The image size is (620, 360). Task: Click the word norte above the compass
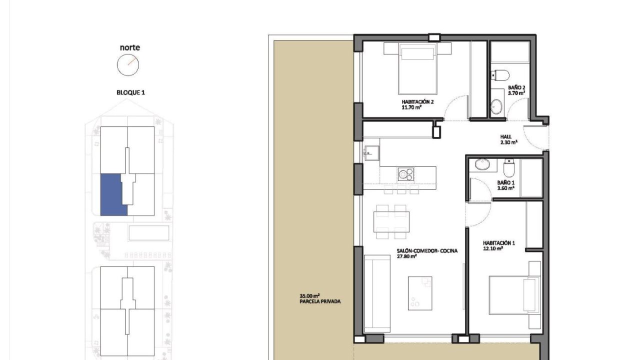pos(130,47)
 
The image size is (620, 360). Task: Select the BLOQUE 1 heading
pos(130,92)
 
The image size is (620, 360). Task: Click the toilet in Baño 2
pos(500,75)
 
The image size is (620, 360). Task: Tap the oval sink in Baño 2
pos(496,106)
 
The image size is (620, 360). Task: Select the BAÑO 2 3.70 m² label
pos(516,90)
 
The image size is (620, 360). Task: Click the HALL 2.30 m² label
pos(508,139)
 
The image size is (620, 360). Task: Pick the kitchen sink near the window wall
pos(371,153)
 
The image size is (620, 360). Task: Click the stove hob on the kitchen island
pos(406,174)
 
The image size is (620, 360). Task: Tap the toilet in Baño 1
pos(508,167)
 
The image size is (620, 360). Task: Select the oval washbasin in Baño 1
pos(482,164)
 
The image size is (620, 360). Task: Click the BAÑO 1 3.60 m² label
pos(505,185)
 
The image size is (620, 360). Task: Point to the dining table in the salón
pos(391,221)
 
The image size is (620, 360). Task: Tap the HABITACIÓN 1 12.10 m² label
pos(499,245)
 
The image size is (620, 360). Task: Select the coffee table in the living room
pos(420,293)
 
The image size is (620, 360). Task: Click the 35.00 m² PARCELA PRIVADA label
pos(320,298)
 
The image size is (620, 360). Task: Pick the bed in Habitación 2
pos(417,68)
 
